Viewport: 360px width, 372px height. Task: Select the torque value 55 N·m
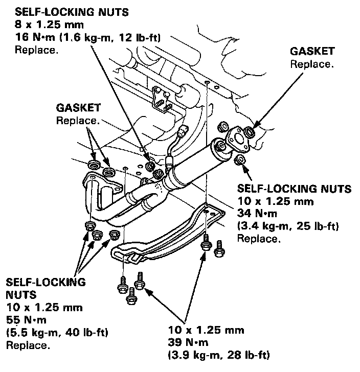[x=24, y=320]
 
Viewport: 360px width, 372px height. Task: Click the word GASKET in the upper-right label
[x=312, y=51]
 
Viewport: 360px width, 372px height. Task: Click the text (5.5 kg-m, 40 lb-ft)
[x=56, y=333]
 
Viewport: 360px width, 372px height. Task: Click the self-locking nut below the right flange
[x=238, y=161]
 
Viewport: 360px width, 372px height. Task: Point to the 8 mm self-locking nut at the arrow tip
[x=150, y=167]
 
